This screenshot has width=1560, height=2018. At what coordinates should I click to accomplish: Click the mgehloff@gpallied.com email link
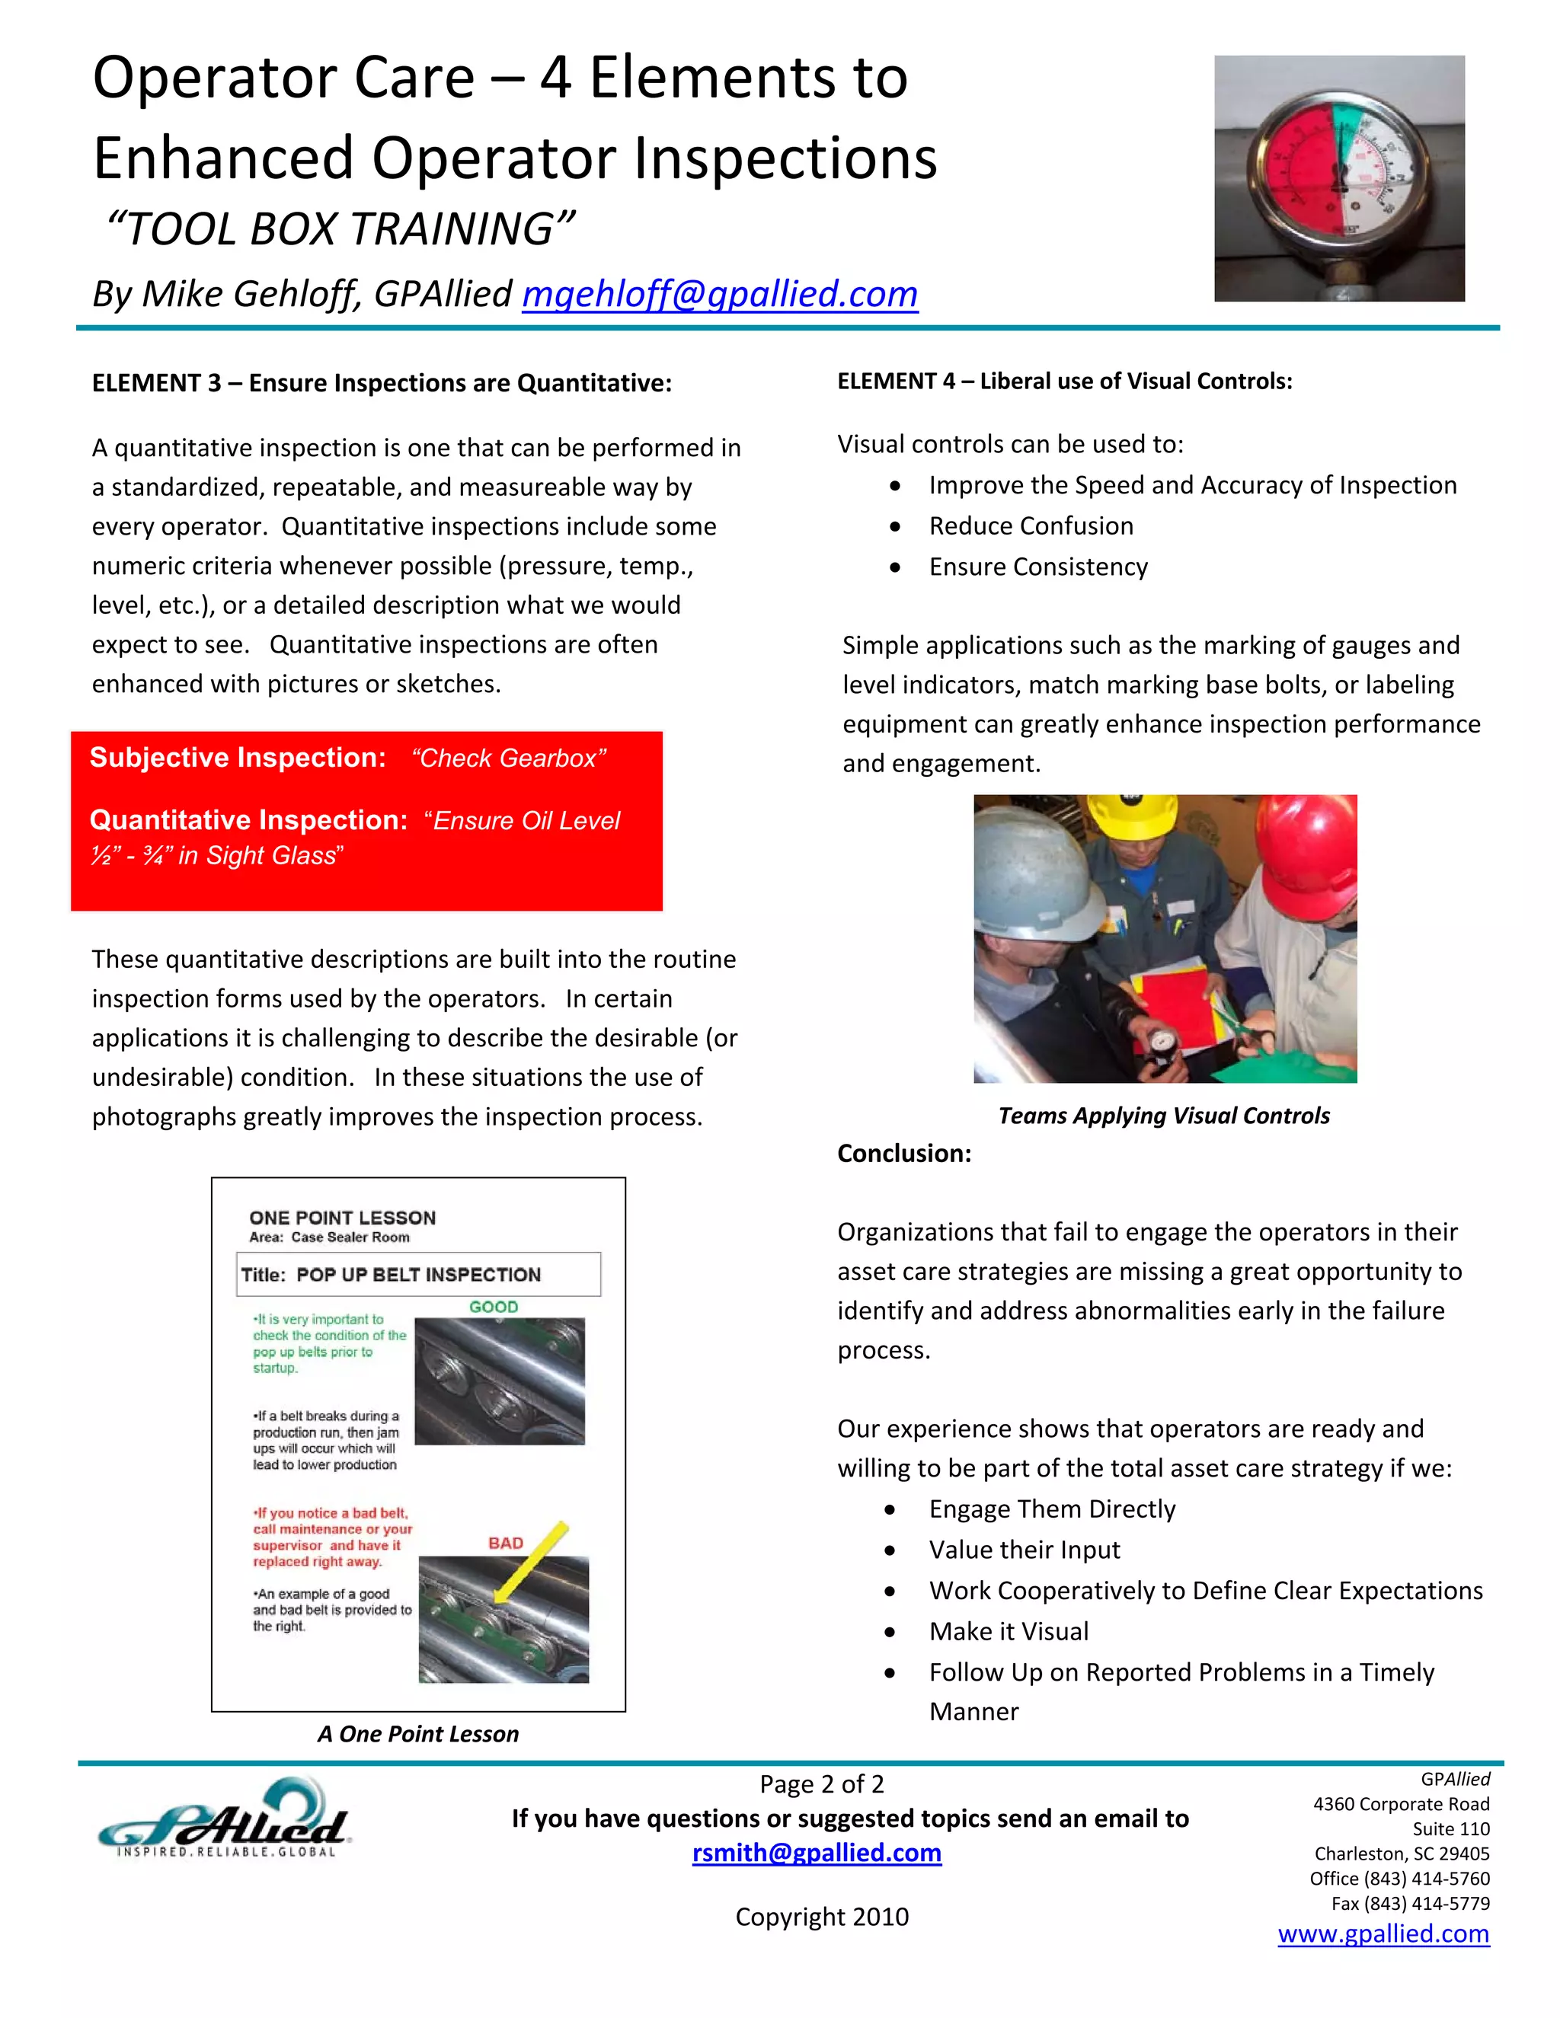coord(719,295)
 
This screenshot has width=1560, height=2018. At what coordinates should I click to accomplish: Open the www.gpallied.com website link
coord(1383,1934)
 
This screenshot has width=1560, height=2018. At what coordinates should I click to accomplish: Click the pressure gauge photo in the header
coord(1338,178)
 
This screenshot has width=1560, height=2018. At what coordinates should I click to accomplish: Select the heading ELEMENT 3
coord(381,382)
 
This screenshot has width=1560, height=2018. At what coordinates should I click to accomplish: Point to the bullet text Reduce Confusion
coord(1031,525)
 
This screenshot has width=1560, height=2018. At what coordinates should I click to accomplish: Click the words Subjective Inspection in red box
coord(238,758)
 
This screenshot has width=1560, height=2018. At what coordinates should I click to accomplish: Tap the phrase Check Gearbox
coord(508,758)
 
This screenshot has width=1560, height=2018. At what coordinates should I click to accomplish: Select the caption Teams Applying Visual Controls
coord(1164,1116)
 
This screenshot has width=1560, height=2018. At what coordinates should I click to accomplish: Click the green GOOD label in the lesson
coord(494,1307)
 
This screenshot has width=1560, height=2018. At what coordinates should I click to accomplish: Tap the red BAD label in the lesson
coord(506,1543)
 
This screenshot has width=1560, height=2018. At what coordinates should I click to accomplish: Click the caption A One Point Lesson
coord(417,1733)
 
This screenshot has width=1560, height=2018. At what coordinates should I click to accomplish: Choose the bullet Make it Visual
coord(1009,1631)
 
